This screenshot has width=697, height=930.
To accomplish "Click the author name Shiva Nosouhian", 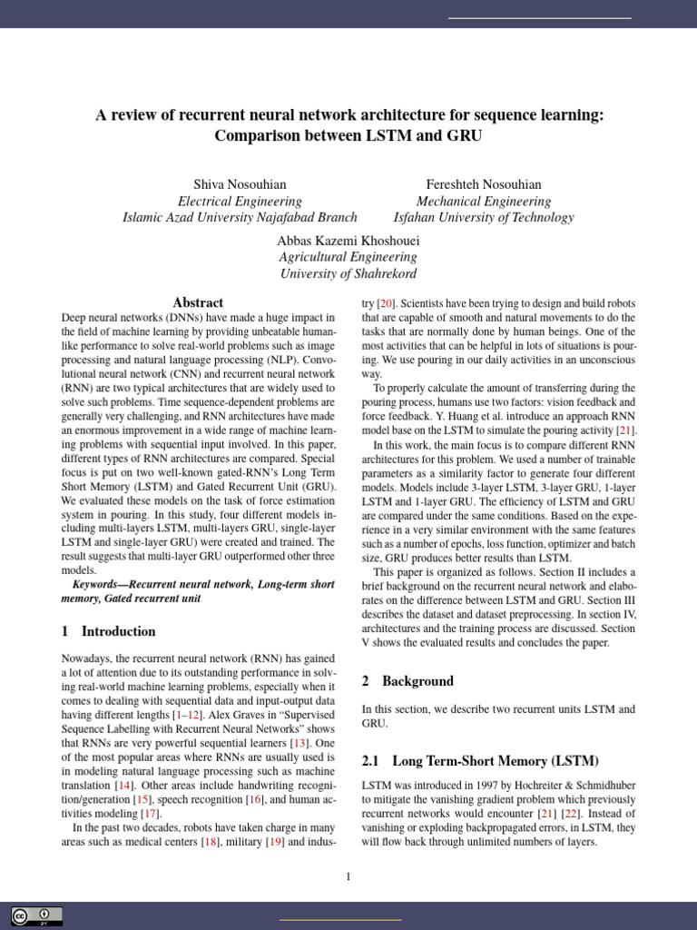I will point(240,184).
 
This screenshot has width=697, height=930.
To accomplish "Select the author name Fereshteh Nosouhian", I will point(484,184).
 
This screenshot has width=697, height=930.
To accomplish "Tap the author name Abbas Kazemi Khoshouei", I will point(348,241).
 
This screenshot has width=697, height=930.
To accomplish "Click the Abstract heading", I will point(198,302).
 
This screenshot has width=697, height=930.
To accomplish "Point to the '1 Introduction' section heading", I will point(108,631).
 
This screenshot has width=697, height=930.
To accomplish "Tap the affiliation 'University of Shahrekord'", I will point(348,274).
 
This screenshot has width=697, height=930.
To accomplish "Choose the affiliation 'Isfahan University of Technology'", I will point(484,218).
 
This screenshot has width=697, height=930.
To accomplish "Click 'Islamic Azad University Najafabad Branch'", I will point(240,218).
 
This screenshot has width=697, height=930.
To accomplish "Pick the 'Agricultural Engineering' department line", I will point(348,258).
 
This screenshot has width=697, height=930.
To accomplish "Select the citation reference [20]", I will point(386,302).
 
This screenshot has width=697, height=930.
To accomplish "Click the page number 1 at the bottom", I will point(348,876).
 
